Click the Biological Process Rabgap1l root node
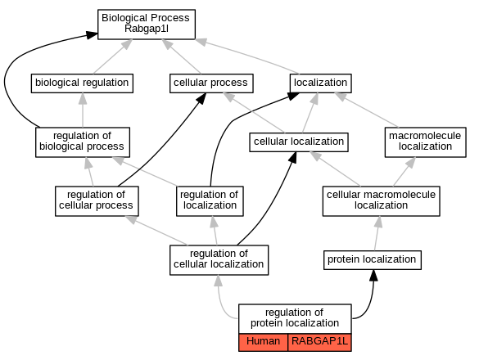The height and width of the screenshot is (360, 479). (x=147, y=24)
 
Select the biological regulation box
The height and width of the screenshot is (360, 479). (x=82, y=83)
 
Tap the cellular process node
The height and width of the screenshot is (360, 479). (x=211, y=83)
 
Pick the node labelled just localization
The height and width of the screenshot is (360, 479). (x=320, y=83)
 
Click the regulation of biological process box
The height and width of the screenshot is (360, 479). (x=83, y=142)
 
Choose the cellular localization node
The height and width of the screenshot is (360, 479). (x=299, y=142)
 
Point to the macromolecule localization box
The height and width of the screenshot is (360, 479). (x=425, y=142)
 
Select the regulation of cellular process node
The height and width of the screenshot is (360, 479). (x=97, y=201)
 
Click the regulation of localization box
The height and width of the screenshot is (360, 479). (x=210, y=201)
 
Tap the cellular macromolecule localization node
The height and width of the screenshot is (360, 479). (x=382, y=201)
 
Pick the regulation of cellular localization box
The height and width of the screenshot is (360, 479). (x=219, y=260)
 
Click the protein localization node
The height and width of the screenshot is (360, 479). (x=373, y=260)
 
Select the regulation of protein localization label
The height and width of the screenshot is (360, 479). (x=295, y=318)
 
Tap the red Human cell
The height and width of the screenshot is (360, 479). (x=263, y=342)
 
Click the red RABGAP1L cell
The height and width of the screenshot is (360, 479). (x=319, y=342)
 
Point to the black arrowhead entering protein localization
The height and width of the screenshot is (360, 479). (x=373, y=276)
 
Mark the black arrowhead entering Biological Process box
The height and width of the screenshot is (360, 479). (x=92, y=35)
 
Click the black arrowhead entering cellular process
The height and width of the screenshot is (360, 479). (x=201, y=98)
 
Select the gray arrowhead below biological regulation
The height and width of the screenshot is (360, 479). (x=83, y=98)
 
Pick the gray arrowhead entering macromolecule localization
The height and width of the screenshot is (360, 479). (x=411, y=163)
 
